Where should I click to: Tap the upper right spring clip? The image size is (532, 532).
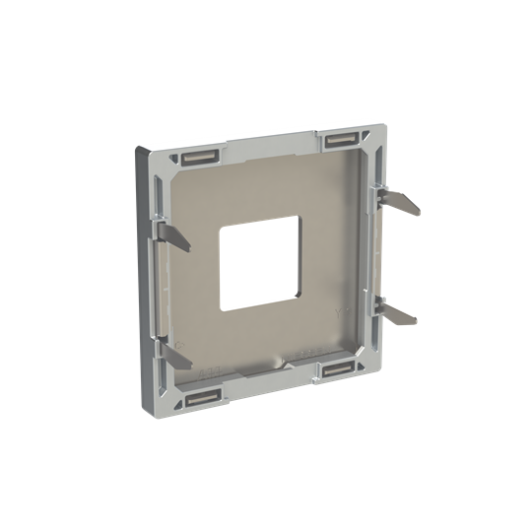tap(399, 204)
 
